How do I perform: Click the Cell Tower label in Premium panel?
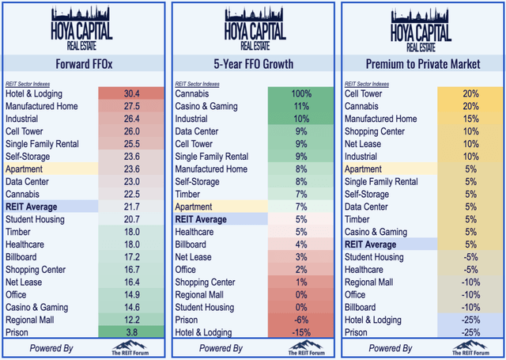tap(365, 94)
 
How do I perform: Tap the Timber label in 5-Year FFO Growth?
tap(188, 194)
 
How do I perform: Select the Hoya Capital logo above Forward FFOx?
tap(82, 25)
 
